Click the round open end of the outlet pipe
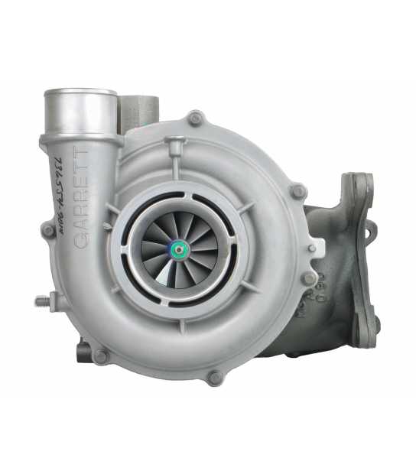(80, 98)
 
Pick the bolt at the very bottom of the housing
(214, 377)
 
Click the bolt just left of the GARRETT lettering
(47, 229)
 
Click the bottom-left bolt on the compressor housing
(100, 356)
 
